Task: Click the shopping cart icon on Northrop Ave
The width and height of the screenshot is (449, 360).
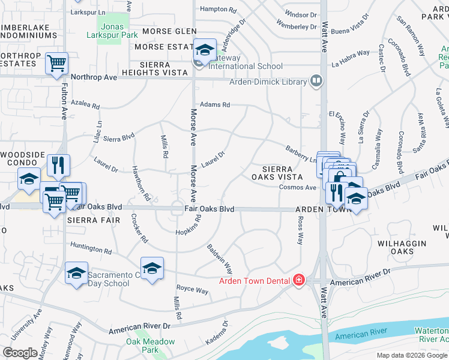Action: click(x=56, y=62)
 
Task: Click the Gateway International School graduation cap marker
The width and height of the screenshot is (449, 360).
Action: click(x=204, y=49)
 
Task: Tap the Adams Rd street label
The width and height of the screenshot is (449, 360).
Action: click(x=215, y=104)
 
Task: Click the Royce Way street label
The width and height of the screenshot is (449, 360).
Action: click(x=192, y=290)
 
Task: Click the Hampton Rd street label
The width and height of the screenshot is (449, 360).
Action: click(x=217, y=10)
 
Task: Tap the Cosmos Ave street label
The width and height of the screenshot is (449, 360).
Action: click(x=297, y=188)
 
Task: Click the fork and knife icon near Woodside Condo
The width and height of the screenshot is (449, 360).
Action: click(x=58, y=165)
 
